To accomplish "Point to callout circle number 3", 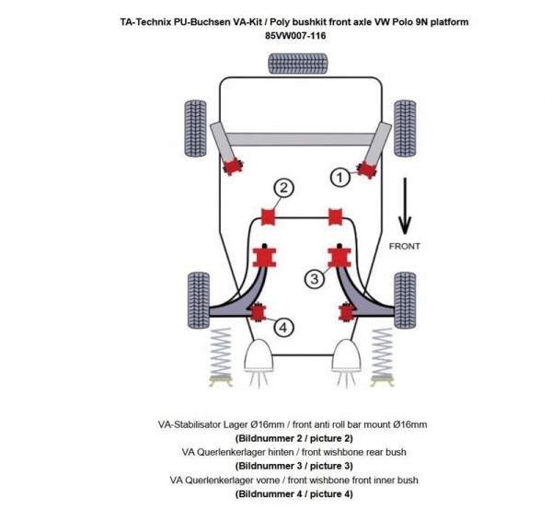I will pyautogui.click(x=313, y=278).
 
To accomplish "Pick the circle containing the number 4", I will pyautogui.click(x=283, y=326).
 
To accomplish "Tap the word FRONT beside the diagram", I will pyautogui.click(x=405, y=246).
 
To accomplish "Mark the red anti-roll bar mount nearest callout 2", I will pyautogui.click(x=270, y=217).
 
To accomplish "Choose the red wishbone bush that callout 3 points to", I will pyautogui.click(x=337, y=255).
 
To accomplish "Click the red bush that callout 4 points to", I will pyautogui.click(x=259, y=313).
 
